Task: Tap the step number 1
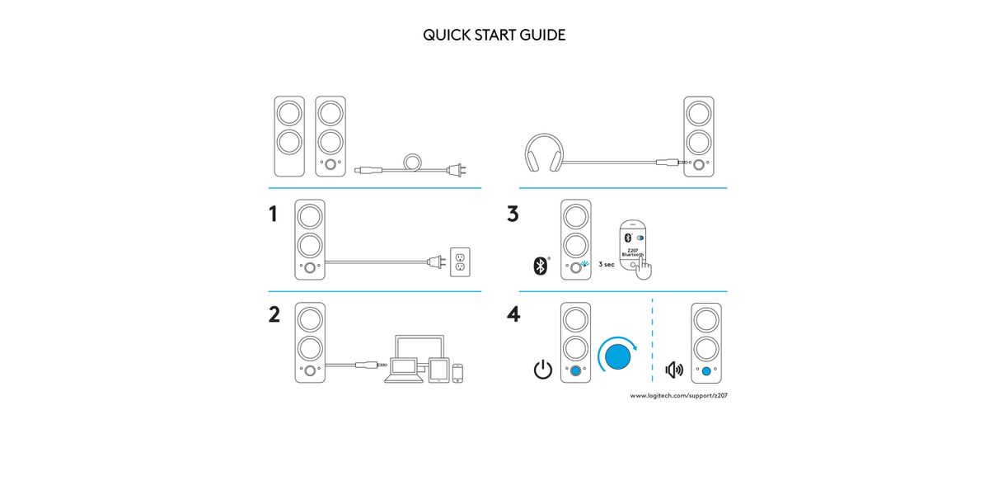(274, 214)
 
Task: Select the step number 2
(274, 315)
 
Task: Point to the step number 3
(513, 214)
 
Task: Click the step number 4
(513, 315)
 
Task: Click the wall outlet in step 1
(460, 262)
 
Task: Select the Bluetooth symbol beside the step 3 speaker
(540, 265)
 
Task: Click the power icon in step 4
(542, 370)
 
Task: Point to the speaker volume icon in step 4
(674, 369)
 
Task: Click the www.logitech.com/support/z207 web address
(678, 396)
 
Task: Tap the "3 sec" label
(606, 265)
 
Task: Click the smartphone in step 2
(458, 373)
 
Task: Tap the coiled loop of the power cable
(413, 161)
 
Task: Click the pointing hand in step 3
(644, 268)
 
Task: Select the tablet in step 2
(438, 370)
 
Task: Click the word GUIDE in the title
(543, 35)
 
